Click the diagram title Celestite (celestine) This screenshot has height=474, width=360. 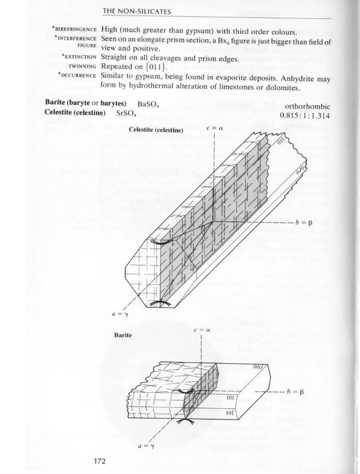pyautogui.click(x=156, y=130)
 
